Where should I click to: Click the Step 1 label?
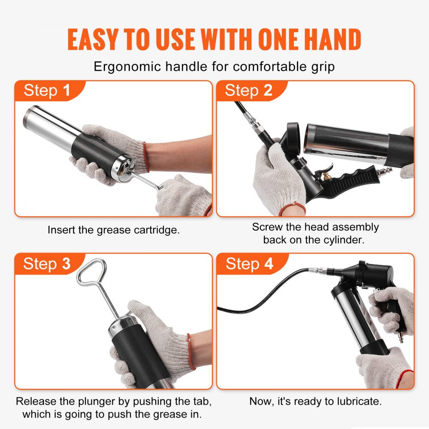click(47, 91)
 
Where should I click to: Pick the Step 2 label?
click(248, 91)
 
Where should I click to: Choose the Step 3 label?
click(47, 264)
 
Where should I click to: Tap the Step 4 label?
click(249, 264)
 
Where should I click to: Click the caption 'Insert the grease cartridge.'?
click(114, 230)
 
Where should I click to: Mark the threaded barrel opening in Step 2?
click(311, 138)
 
